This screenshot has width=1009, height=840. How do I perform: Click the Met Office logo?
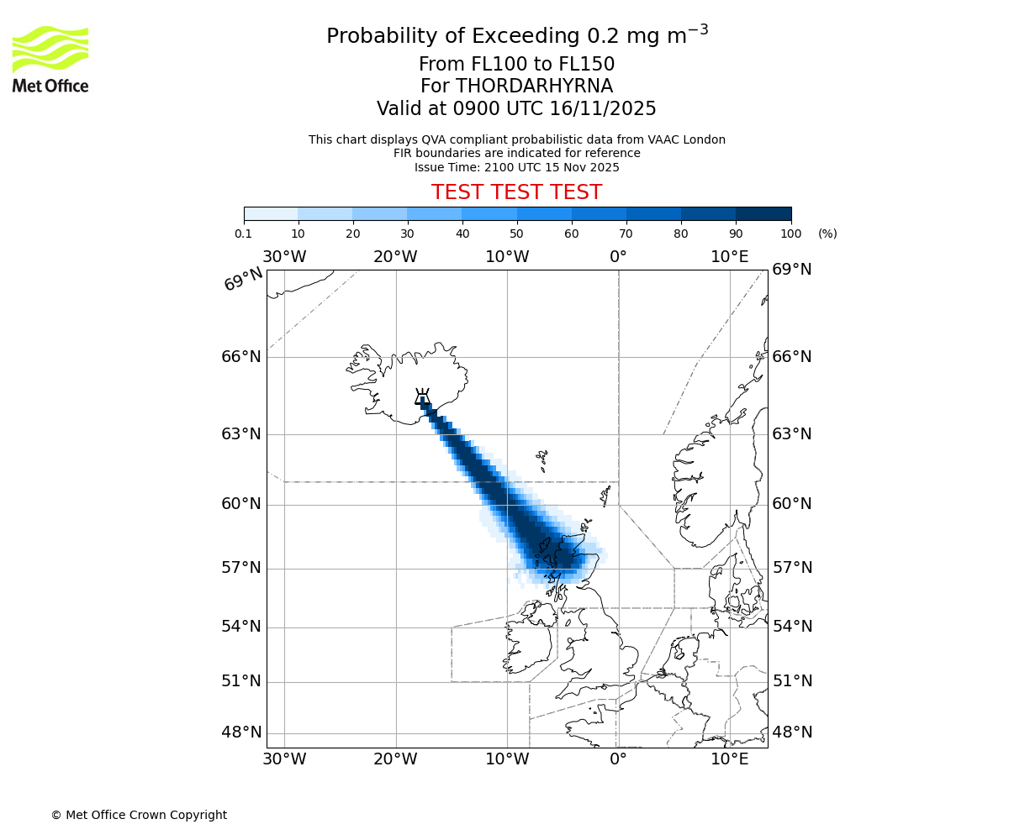coord(50,59)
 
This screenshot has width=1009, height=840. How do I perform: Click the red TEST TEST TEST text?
coord(516,192)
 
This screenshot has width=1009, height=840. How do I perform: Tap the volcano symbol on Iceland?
coord(422,396)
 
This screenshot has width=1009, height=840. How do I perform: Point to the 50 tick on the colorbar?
coord(517,233)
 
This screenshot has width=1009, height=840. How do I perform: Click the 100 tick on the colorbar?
coord(790,233)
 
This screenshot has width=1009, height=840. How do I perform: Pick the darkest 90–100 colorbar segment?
coord(763,213)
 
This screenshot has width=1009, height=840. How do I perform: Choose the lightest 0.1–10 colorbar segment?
coord(271,213)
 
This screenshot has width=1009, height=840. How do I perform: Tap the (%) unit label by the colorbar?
coord(827,234)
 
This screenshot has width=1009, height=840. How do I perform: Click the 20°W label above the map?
coord(395,256)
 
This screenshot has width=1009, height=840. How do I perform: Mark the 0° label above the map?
coord(618,256)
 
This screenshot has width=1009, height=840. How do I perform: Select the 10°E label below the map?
coord(729,759)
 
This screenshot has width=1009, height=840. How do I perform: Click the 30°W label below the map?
coord(284,759)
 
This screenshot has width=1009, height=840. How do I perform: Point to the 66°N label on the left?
coord(241,356)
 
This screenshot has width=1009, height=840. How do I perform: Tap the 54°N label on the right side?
coord(792,627)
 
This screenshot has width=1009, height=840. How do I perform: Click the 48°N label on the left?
coord(241,732)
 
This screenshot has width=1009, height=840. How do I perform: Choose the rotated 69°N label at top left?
coord(243,279)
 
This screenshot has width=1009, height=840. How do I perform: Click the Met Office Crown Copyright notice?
coord(139,815)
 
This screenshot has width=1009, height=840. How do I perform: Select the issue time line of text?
coord(516,167)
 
